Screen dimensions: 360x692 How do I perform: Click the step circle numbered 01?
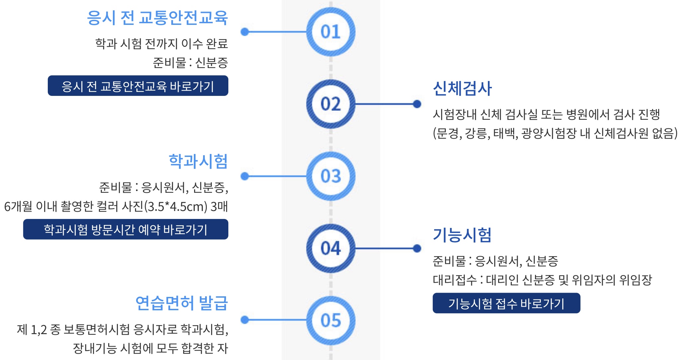click(331, 32)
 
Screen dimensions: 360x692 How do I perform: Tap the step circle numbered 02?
click(331, 104)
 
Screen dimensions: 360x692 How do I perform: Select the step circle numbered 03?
click(331, 176)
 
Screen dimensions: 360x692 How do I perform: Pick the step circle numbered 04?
click(331, 248)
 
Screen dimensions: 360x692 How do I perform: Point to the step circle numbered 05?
click(331, 320)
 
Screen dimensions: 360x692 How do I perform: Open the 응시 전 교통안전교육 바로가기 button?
click(138, 86)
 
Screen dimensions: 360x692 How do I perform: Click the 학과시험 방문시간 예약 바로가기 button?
click(125, 229)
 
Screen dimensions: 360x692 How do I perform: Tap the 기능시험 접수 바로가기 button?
click(506, 303)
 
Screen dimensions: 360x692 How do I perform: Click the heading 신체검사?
click(462, 89)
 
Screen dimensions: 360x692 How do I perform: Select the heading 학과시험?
click(198, 161)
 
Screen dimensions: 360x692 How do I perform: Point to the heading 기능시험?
click(462, 235)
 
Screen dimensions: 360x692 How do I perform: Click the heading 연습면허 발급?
click(182, 303)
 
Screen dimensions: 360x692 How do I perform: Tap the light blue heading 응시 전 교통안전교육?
click(157, 18)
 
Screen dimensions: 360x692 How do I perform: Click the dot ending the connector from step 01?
click(245, 32)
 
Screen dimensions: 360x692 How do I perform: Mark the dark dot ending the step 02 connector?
click(417, 104)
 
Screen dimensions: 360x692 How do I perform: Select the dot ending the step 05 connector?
click(245, 320)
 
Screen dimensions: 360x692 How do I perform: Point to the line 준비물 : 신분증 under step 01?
click(190, 62)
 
